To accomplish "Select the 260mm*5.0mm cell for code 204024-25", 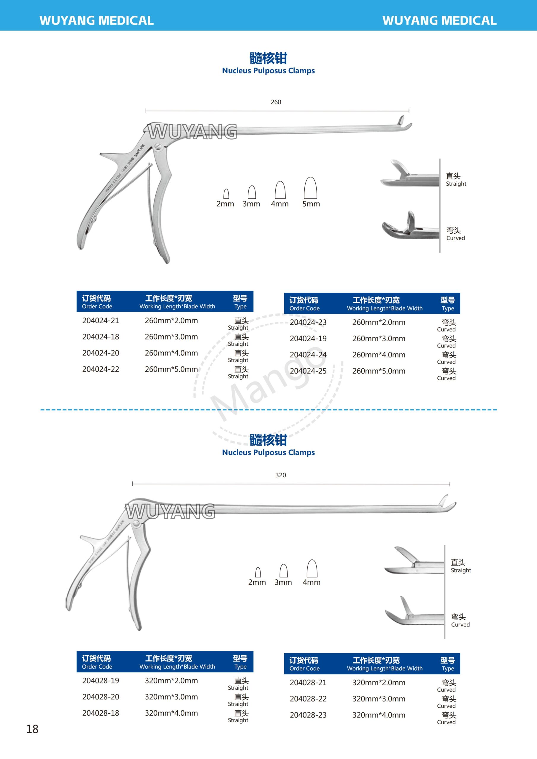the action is [379, 371].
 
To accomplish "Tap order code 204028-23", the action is [308, 715].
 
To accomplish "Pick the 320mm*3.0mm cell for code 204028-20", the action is [171, 697].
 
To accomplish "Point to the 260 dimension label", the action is [276, 102].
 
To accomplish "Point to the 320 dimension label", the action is [281, 475].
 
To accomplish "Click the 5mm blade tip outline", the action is [310, 188].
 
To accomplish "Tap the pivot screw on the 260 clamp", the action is [158, 147].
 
